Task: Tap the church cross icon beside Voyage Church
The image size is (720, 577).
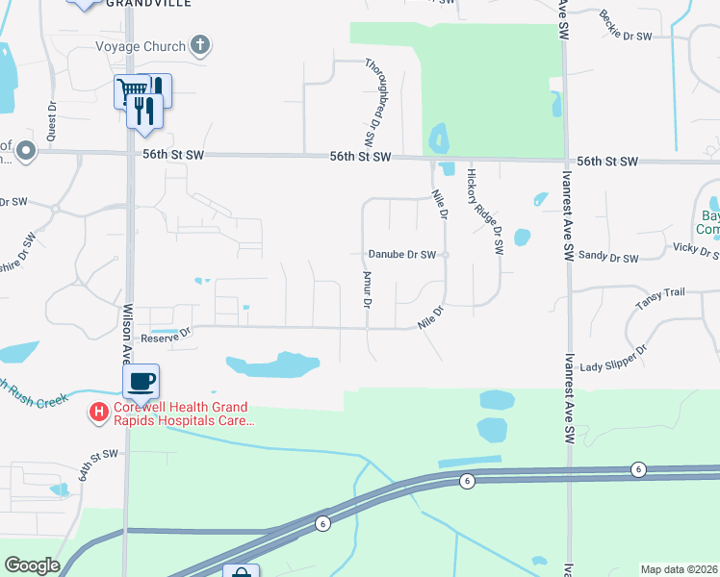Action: click(x=199, y=44)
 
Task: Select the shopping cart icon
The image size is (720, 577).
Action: click(x=129, y=91)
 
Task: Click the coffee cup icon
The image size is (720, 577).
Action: click(x=141, y=380)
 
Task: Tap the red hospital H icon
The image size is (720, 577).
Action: click(x=98, y=414)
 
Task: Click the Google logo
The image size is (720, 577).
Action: click(x=32, y=565)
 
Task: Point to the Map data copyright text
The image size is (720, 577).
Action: click(x=680, y=569)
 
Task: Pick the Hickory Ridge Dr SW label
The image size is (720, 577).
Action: click(x=485, y=210)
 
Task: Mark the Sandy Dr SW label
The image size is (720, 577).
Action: click(x=609, y=259)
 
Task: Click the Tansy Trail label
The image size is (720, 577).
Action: click(x=658, y=304)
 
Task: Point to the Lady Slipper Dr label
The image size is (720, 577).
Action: click(x=612, y=366)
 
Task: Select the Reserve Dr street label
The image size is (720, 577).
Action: click(x=167, y=338)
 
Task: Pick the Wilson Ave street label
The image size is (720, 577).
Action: click(x=126, y=333)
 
